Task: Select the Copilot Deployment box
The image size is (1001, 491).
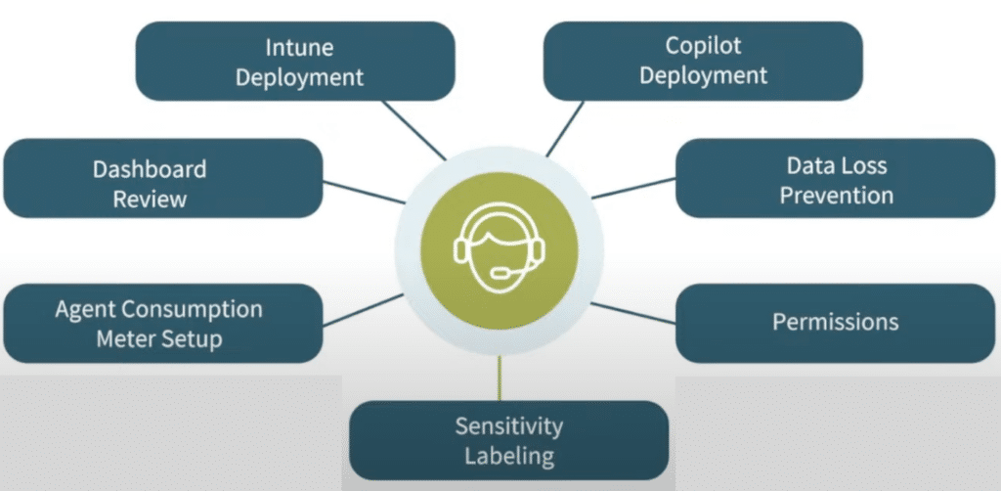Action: click(x=702, y=61)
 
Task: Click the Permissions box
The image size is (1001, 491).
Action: click(x=836, y=322)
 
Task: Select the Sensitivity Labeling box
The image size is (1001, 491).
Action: click(x=508, y=440)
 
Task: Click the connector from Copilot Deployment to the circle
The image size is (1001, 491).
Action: click(x=564, y=127)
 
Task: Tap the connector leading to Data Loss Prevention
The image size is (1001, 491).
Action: click(x=633, y=188)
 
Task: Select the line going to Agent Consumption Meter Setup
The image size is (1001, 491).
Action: click(x=362, y=309)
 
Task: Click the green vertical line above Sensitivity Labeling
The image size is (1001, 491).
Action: click(x=500, y=377)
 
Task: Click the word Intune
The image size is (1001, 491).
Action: click(x=300, y=46)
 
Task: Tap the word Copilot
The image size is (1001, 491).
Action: click(x=704, y=46)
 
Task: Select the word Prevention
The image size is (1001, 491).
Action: click(x=836, y=196)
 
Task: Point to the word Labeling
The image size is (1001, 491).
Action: click(x=509, y=456)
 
